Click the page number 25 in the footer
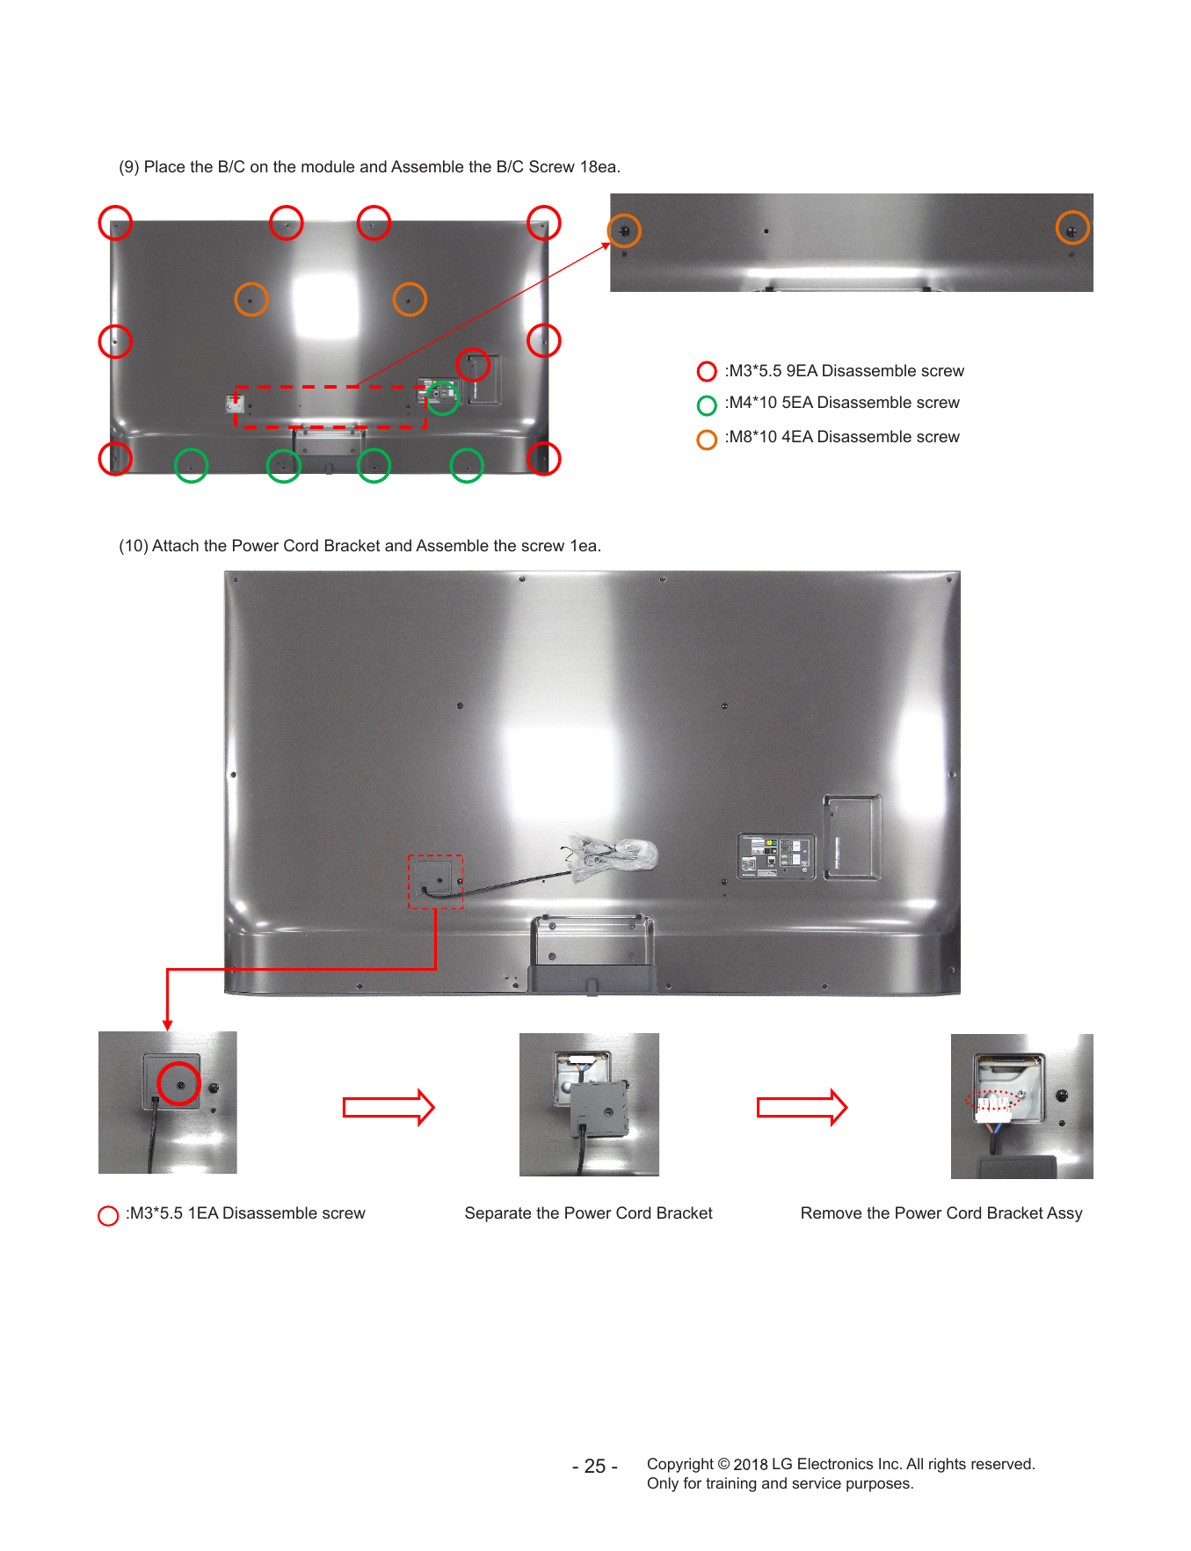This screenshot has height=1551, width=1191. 595,1467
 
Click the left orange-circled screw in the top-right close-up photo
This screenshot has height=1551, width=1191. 625,231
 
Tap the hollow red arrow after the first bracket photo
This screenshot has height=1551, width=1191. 389,1107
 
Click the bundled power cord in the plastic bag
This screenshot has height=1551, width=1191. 612,854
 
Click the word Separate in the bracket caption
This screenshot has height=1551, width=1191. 497,1213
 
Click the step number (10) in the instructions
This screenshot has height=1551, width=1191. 134,546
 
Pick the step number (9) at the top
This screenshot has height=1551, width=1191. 129,167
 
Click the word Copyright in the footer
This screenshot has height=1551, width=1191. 680,1465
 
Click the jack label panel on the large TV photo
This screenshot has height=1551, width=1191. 776,856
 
